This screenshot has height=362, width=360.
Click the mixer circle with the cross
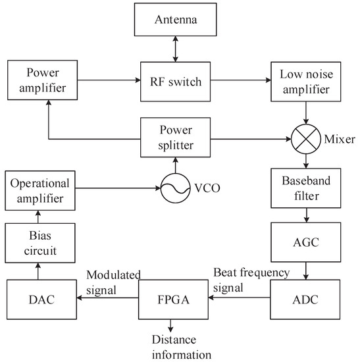305,140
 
